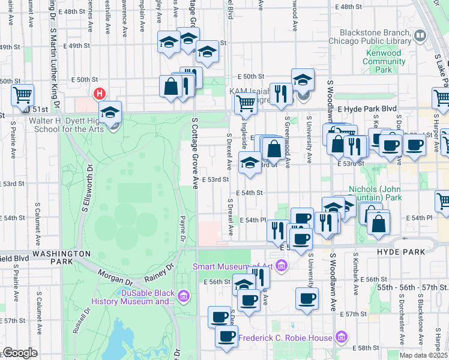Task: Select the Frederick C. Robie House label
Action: [x=285, y=338]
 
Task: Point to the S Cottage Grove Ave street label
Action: [x=195, y=153]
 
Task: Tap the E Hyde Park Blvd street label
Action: [x=367, y=109]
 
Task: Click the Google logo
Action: [x=20, y=353]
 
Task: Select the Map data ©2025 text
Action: [x=423, y=355]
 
